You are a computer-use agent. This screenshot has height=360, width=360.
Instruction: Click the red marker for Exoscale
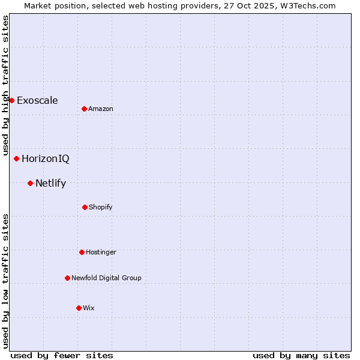[11, 100]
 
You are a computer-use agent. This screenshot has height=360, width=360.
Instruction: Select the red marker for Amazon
[85, 109]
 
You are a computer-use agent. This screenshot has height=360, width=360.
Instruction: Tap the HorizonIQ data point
[17, 158]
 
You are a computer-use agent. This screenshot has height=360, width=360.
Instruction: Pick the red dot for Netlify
[30, 183]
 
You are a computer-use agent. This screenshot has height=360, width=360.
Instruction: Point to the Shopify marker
[85, 207]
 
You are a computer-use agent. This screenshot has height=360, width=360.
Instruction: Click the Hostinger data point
[82, 252]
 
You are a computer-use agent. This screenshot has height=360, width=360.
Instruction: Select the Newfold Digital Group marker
[67, 278]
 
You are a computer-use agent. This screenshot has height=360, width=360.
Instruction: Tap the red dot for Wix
[79, 308]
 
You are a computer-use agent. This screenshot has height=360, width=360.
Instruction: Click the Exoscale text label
[37, 100]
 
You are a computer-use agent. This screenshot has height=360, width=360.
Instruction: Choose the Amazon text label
[101, 109]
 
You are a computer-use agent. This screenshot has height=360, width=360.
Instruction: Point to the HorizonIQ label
[46, 158]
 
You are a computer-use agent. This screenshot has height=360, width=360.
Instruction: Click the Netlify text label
[50, 183]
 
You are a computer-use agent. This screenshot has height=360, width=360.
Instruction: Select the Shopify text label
[101, 207]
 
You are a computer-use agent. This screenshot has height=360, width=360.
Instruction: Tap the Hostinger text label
[101, 252]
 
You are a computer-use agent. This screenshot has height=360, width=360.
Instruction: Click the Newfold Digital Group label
[106, 278]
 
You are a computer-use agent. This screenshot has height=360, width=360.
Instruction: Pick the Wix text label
[89, 308]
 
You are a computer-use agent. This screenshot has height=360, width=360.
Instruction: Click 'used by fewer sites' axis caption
[62, 355]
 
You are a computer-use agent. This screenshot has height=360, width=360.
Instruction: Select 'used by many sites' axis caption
[301, 355]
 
